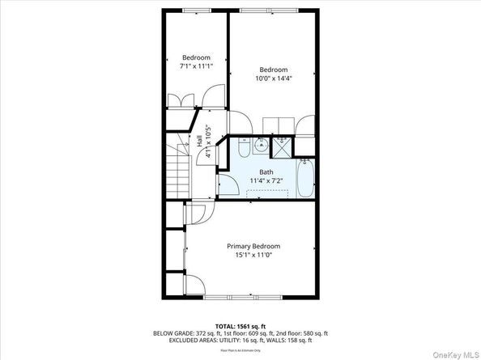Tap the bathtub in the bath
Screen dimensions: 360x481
(x=305, y=178)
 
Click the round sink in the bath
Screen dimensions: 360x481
(x=259, y=146)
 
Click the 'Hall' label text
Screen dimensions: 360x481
(x=199, y=142)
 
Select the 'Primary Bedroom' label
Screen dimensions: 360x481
(x=253, y=246)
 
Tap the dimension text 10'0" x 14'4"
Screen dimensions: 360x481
(x=273, y=79)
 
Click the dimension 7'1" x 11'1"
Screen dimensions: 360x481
(x=196, y=66)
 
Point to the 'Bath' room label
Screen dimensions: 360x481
(x=266, y=172)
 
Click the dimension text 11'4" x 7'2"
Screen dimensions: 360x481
(x=266, y=180)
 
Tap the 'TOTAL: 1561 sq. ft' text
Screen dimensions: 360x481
(x=240, y=327)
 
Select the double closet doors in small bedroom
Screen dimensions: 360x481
(x=181, y=100)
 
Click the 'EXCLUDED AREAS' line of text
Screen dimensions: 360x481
(x=240, y=341)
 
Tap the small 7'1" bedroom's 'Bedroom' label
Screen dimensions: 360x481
(x=196, y=57)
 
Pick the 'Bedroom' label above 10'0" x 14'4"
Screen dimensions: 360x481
(x=273, y=70)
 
